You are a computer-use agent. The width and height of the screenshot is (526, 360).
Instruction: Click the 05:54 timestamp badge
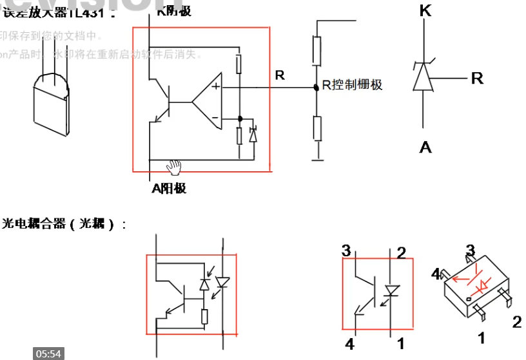point(48,354)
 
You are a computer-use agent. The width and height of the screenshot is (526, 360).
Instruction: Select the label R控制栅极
point(352,84)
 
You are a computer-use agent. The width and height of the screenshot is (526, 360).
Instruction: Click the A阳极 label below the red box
point(169,188)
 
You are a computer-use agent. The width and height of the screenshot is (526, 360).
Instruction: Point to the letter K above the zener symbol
point(425,11)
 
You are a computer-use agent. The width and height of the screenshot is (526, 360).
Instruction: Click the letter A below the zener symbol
point(425,147)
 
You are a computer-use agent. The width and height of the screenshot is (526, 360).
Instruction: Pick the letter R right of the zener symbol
point(477,79)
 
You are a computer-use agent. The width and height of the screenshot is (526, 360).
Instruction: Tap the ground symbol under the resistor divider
point(317,157)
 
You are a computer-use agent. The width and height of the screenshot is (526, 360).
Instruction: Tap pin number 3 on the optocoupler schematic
point(346,251)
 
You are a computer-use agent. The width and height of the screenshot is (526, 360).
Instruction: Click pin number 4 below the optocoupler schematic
point(349,342)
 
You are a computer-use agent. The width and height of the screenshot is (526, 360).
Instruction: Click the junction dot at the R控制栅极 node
point(317,86)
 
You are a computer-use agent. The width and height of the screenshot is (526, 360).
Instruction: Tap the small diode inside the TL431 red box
point(253,135)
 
